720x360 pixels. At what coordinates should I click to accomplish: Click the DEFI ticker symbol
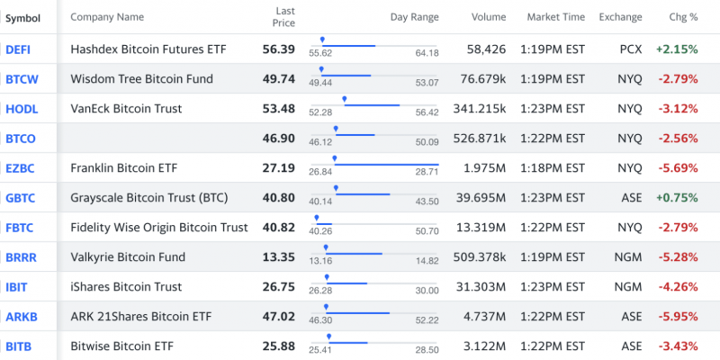(18, 49)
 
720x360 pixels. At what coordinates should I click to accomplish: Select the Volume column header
(488, 17)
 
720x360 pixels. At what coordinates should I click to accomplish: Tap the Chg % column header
(683, 17)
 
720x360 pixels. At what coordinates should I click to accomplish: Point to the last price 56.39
(278, 49)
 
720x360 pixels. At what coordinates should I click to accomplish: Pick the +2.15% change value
(677, 49)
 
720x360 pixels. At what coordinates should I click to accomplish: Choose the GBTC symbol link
(21, 197)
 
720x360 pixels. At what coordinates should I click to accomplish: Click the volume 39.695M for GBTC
(481, 197)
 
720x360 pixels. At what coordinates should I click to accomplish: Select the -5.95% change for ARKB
(678, 316)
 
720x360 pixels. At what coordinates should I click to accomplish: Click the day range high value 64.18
(427, 54)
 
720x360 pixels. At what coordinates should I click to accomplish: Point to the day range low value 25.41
(320, 351)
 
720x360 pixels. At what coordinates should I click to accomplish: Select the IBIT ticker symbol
(18, 286)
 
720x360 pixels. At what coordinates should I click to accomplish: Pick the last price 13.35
(278, 256)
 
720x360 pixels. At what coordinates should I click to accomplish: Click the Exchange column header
(621, 17)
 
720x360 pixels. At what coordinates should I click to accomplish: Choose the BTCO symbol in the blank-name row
(20, 138)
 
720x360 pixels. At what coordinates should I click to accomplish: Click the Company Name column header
(107, 17)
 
